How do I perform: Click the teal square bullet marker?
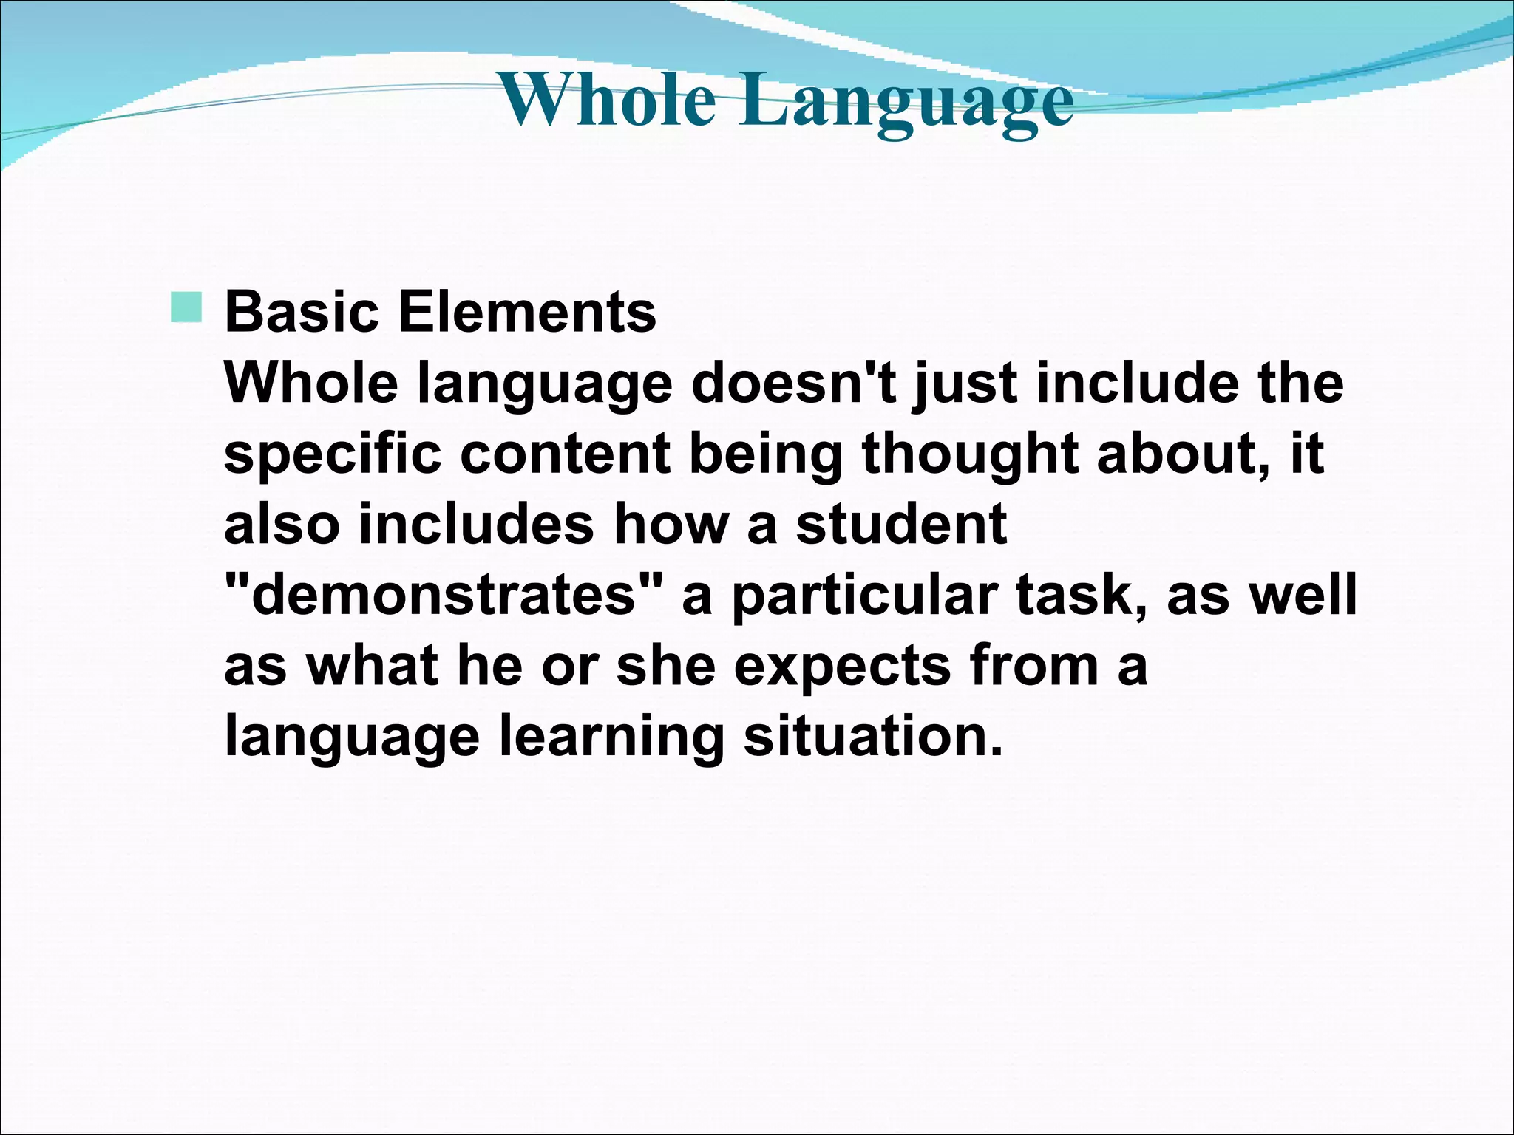[186, 307]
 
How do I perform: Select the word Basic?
[302, 312]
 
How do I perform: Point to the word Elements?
[527, 312]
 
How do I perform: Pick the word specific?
[332, 454]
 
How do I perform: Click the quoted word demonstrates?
[443, 595]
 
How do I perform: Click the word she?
[666, 665]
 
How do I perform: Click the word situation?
[872, 736]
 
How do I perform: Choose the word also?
[282, 524]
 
